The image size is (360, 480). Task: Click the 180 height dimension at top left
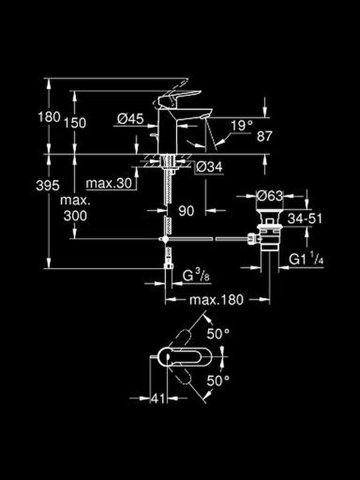tap(49, 117)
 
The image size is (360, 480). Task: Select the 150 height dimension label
tap(75, 123)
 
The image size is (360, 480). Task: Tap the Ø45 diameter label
tap(131, 119)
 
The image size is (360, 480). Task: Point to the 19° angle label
tap(242, 125)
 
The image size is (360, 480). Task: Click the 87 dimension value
tap(265, 136)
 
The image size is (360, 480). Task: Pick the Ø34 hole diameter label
tap(209, 167)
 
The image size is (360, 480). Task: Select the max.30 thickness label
tap(109, 183)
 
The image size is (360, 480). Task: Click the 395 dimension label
tap(48, 185)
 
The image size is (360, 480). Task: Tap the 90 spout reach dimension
tap(186, 211)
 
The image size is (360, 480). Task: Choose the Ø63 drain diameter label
tap(270, 195)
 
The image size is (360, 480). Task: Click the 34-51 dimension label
tap(305, 219)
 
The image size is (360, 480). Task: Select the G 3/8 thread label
tap(196, 275)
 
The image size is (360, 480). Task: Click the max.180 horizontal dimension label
tap(217, 300)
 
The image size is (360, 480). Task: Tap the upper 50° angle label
tap(218, 334)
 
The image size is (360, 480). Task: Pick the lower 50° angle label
tap(218, 381)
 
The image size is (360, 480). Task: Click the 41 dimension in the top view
tap(158, 398)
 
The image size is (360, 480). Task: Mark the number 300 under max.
tap(75, 216)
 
